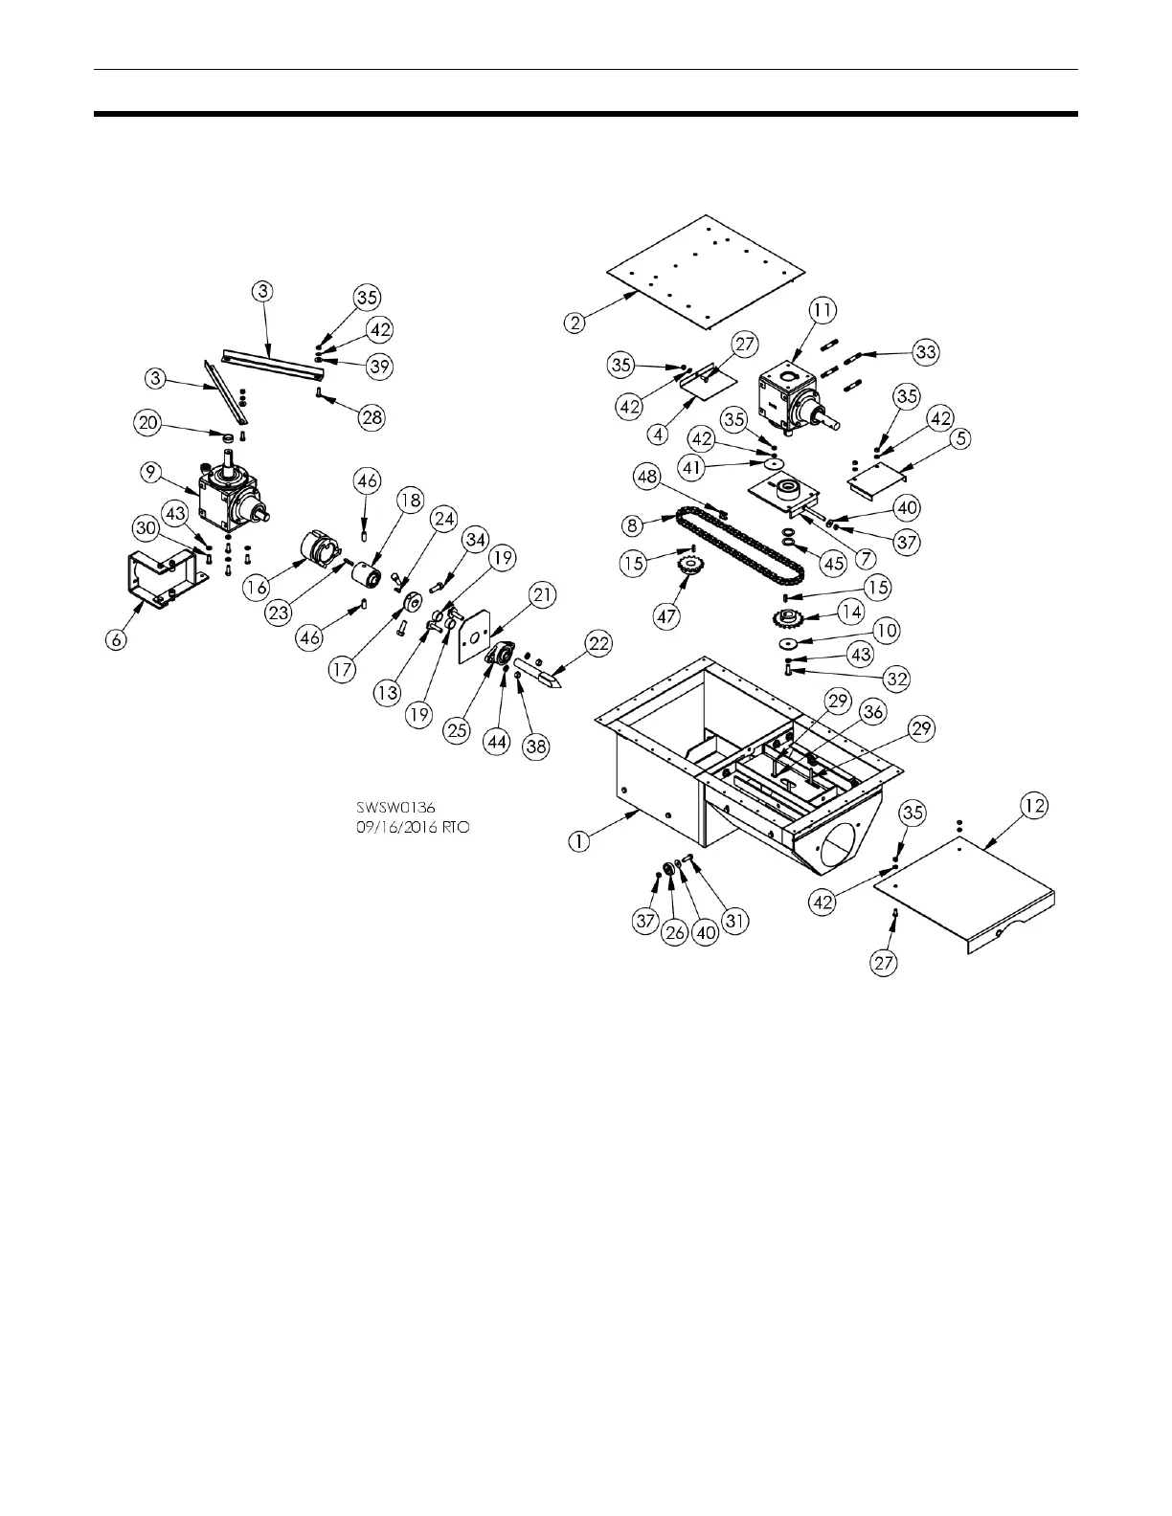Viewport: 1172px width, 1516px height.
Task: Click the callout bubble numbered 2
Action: tap(575, 323)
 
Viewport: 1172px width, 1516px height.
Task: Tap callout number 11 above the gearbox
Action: tap(822, 310)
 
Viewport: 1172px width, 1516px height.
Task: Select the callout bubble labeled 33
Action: tap(925, 352)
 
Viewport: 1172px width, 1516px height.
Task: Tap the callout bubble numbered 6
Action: tap(116, 639)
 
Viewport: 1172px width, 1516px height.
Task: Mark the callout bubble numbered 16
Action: tap(257, 588)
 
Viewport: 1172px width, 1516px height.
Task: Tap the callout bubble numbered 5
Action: tap(961, 439)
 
